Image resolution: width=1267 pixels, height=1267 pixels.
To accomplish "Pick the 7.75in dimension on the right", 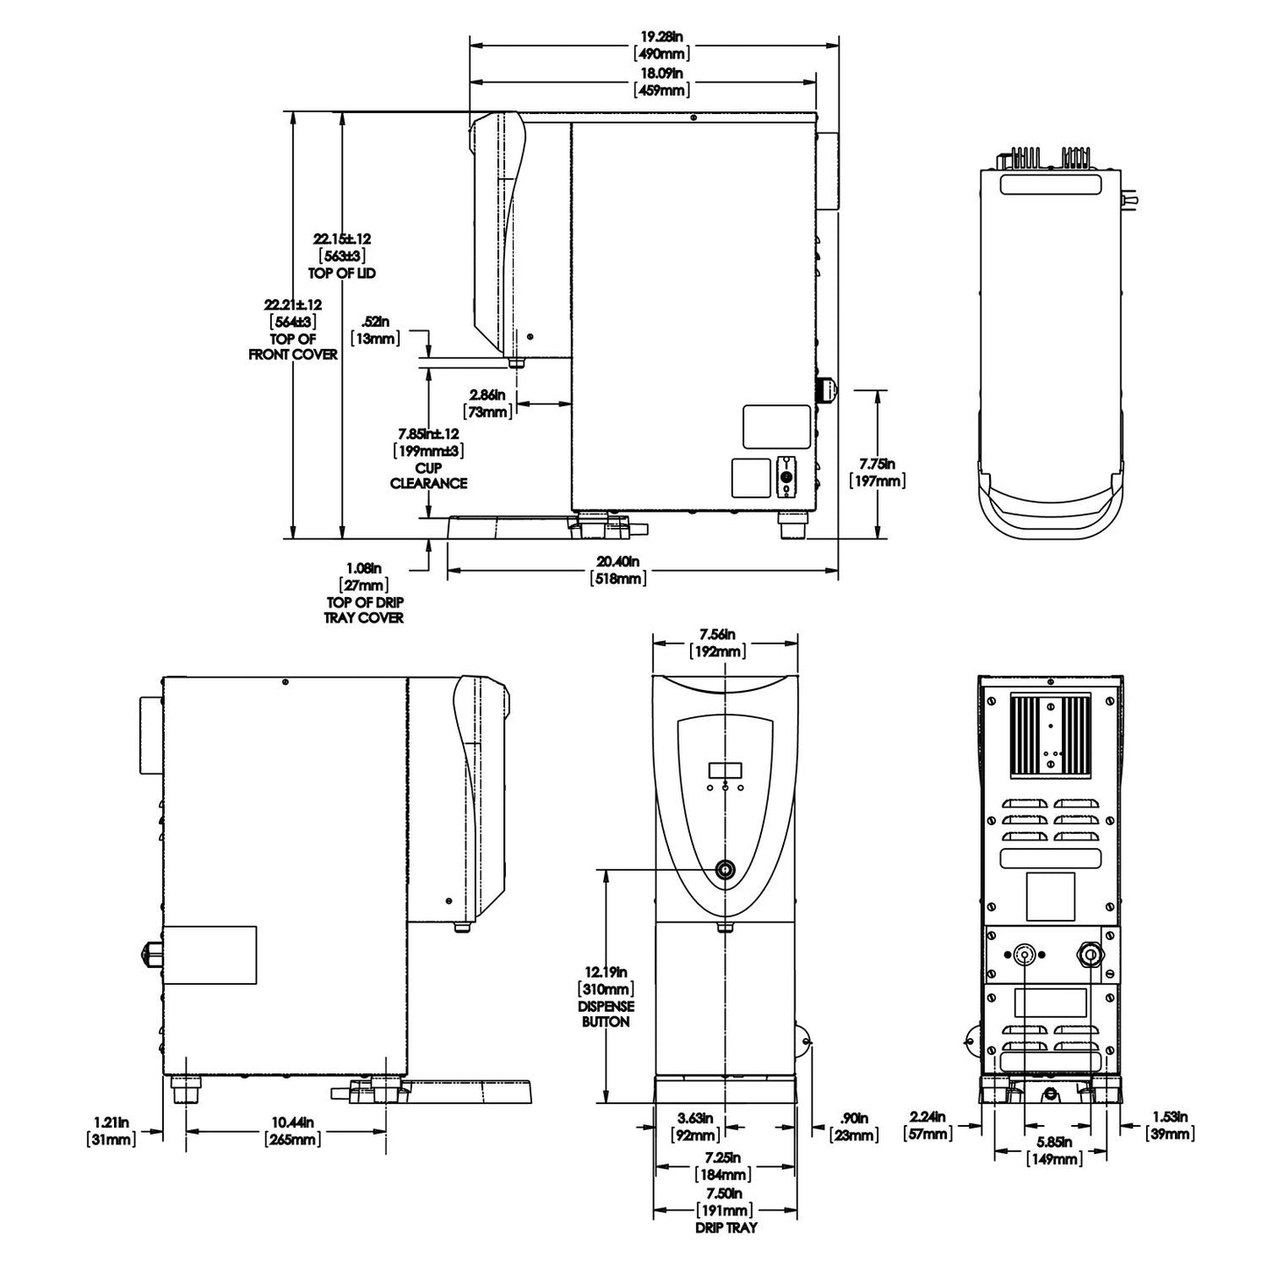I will pos(877,464).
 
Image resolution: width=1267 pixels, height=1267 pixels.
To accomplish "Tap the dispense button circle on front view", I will pos(725,869).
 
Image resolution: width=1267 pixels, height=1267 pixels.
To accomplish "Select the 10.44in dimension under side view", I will pos(293,1122).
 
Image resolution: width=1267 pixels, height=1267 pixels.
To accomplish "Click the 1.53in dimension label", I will pos(1169,1117).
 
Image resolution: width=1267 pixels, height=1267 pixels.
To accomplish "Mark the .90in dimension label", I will pos(853,1119).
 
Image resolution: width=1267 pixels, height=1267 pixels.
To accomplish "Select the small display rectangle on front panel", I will pos(725,770).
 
